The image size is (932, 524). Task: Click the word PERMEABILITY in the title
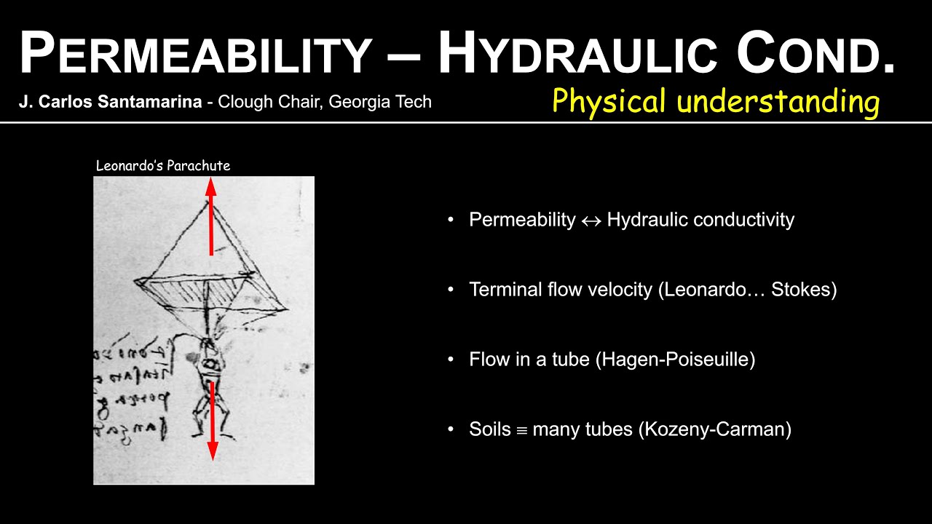coord(195,55)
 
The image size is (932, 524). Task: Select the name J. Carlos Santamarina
coord(110,102)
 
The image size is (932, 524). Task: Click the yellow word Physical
coord(609,101)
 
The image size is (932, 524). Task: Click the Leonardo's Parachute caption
coord(163,166)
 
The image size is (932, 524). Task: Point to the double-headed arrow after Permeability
coord(591,221)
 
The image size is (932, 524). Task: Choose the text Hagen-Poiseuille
coord(675,360)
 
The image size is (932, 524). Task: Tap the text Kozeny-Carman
coord(714,429)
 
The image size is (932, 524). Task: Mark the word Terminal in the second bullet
coord(501,290)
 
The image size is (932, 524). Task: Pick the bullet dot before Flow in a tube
coord(451,360)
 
